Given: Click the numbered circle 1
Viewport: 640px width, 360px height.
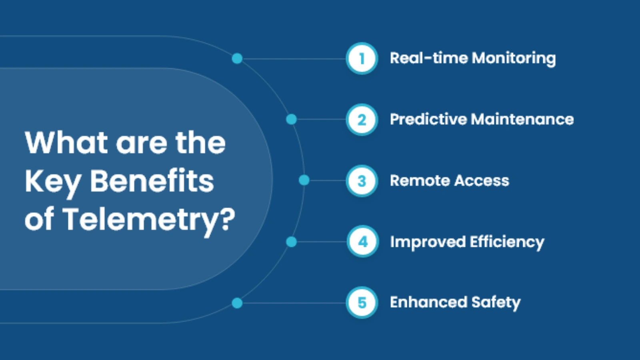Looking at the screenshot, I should pyautogui.click(x=362, y=58).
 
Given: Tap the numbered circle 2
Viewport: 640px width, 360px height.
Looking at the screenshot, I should pyautogui.click(x=362, y=120).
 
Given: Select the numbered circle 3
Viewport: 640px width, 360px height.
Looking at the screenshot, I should pyautogui.click(x=362, y=181).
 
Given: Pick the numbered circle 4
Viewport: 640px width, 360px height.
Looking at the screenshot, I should pyautogui.click(x=362, y=242).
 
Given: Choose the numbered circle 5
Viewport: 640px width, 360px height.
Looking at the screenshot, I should pyautogui.click(x=362, y=303).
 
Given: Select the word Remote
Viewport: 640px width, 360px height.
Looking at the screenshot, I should pyautogui.click(x=420, y=181).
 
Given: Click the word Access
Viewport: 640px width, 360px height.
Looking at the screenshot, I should pyautogui.click(x=482, y=181).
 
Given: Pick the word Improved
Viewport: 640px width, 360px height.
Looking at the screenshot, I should pyautogui.click(x=428, y=242).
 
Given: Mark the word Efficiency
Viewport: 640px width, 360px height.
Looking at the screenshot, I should pyautogui.click(x=507, y=242).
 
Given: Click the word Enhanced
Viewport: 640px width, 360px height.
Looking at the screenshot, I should pyautogui.click(x=428, y=302).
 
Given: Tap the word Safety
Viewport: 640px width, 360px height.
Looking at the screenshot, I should pyautogui.click(x=496, y=303).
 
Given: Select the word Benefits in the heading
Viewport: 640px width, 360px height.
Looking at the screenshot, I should pyautogui.click(x=152, y=181).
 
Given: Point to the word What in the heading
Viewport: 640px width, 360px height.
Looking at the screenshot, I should pyautogui.click(x=66, y=143).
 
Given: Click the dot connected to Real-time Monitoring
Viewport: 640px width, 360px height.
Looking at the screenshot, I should pyautogui.click(x=237, y=59).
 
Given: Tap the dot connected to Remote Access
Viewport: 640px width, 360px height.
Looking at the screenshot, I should pyautogui.click(x=304, y=180).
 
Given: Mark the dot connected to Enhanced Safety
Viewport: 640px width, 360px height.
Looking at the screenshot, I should pyautogui.click(x=237, y=303).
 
